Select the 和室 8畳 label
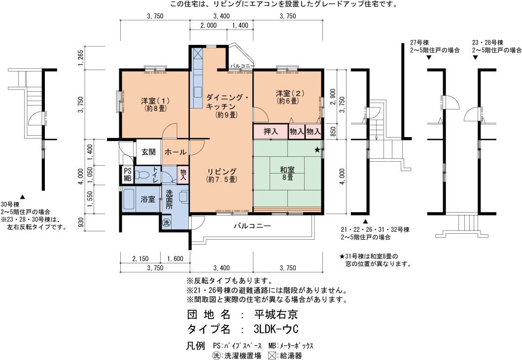[x=287, y=173]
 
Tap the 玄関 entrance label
[x=148, y=152]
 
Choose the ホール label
[x=175, y=152]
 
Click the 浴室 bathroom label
[x=148, y=199]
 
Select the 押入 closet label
[x=271, y=132]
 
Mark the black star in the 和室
[x=317, y=150]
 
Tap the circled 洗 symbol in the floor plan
[x=166, y=222]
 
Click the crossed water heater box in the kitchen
[x=198, y=53]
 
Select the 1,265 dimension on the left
[x=80, y=58]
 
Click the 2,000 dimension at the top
[x=209, y=25]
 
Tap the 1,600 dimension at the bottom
[x=175, y=259]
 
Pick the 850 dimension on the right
[x=333, y=131]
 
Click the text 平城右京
[x=276, y=314]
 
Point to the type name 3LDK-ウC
[x=276, y=329]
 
